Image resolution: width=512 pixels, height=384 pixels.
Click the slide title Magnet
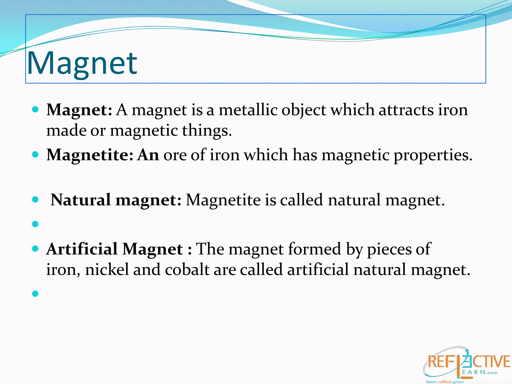pyautogui.click(x=82, y=63)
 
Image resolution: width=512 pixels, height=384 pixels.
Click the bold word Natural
pyautogui.click(x=80, y=200)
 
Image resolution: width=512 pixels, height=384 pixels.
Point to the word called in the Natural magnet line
pyautogui.click(x=301, y=200)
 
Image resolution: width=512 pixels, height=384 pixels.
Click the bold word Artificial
pyautogui.click(x=82, y=249)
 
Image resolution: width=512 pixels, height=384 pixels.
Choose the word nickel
pyautogui.click(x=107, y=269)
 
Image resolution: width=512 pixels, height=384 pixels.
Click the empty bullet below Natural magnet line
pyautogui.click(x=35, y=224)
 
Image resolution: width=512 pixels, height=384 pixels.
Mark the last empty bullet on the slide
pyautogui.click(x=35, y=293)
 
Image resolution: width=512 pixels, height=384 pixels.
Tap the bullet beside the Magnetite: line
pyautogui.click(x=35, y=155)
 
